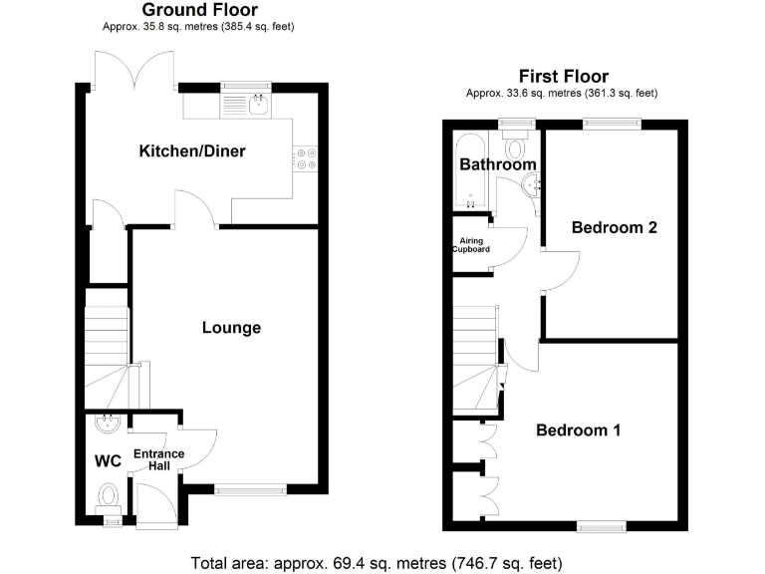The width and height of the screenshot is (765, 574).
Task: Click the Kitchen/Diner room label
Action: (191, 151)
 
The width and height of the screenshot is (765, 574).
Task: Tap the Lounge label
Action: (231, 327)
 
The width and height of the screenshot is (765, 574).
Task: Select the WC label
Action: (108, 461)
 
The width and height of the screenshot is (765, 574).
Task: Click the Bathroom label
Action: (497, 164)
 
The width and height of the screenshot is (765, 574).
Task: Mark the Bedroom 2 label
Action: (614, 227)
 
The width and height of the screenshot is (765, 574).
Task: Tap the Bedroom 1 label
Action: (579, 430)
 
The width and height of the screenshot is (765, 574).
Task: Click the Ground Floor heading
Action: (199, 10)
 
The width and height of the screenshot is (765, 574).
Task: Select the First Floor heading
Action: (563, 77)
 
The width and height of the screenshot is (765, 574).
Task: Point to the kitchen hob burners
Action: (304, 159)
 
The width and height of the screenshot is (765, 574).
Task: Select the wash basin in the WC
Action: (105, 425)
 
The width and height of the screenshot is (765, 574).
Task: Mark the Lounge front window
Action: (250, 489)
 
